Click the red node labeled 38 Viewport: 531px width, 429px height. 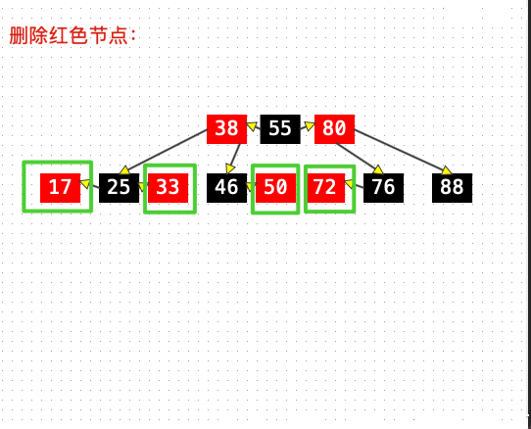(x=226, y=129)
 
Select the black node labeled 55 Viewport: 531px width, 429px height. (x=280, y=129)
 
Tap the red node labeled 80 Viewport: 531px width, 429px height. (x=334, y=129)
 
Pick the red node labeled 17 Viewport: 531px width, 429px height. (x=60, y=188)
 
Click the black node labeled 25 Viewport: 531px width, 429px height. (x=119, y=188)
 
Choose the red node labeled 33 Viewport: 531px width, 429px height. (x=168, y=188)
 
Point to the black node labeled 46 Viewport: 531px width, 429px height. (x=226, y=188)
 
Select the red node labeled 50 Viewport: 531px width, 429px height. (x=275, y=188)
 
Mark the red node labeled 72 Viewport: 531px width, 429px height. (x=325, y=188)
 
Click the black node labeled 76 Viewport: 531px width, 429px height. (x=383, y=188)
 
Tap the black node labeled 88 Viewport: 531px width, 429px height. (x=452, y=188)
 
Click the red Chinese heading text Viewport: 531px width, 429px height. (x=72, y=35)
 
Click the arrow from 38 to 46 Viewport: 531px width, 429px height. (x=234, y=159)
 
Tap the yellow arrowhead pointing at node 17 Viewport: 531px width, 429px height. (x=84, y=183)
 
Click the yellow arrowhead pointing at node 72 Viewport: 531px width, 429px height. (x=349, y=183)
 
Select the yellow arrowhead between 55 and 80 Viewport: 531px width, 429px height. (x=310, y=126)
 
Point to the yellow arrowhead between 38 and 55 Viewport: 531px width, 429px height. (x=252, y=126)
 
